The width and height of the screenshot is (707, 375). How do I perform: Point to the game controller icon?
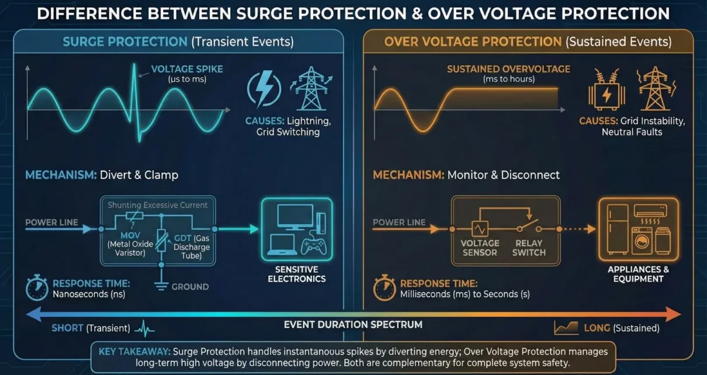tap(313, 245)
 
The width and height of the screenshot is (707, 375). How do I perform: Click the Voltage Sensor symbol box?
tap(480, 229)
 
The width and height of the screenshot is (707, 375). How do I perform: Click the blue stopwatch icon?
tap(36, 287)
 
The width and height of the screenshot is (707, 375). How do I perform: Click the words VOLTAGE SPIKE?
tap(179, 69)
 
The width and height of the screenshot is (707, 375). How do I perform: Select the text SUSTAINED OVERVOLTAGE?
tap(508, 69)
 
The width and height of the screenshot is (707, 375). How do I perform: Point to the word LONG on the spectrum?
tap(597, 328)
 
